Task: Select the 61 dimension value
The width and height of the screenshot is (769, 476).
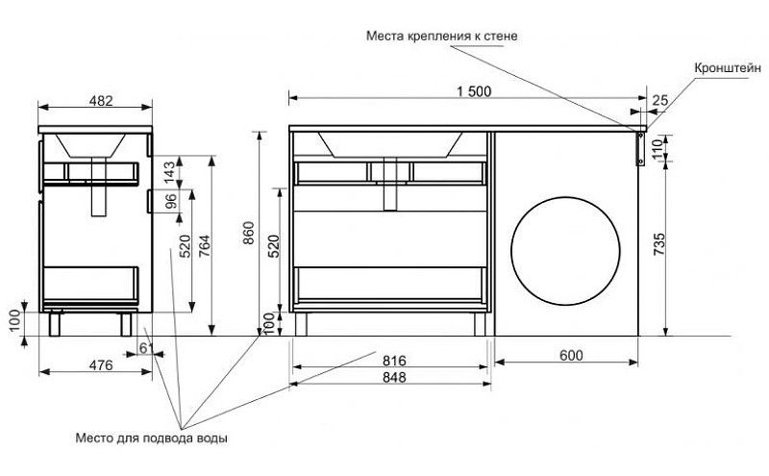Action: point(145,346)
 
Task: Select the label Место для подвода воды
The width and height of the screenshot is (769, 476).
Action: point(152,438)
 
